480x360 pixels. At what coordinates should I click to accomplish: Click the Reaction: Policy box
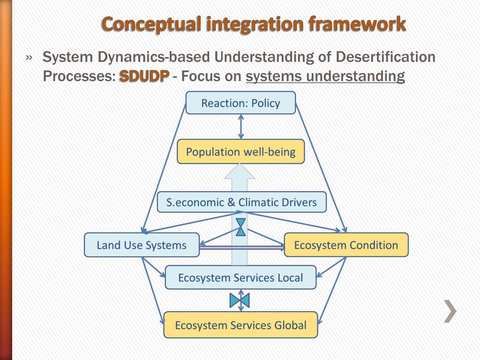tap(240, 103)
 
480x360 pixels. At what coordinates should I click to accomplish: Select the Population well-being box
tap(240, 152)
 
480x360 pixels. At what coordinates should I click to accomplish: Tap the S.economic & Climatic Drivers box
tap(241, 202)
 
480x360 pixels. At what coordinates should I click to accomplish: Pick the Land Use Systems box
tap(142, 245)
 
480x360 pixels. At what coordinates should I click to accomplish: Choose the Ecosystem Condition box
tap(346, 245)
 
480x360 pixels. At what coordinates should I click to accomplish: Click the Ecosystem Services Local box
tap(240, 277)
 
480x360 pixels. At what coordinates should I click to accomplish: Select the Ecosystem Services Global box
tap(240, 325)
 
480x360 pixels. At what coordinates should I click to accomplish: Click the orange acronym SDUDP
tap(144, 76)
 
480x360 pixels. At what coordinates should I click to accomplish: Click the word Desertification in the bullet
tap(386, 57)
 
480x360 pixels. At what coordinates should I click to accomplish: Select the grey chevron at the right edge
tap(450, 312)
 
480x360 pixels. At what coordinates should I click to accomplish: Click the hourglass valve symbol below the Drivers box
tap(240, 227)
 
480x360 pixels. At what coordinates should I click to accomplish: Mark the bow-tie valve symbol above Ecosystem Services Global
tap(240, 300)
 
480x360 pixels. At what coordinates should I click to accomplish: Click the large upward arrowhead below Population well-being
tap(240, 172)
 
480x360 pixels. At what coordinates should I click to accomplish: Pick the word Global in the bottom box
tap(291, 325)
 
